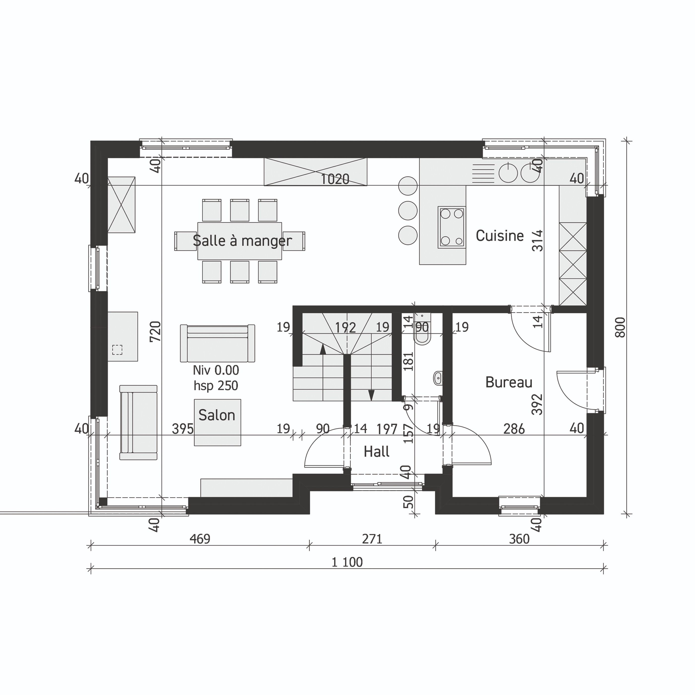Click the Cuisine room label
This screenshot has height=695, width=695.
(x=500, y=236)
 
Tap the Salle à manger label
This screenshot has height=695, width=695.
(x=242, y=241)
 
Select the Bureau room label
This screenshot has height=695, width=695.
(x=509, y=382)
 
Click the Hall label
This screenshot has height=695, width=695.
(x=377, y=451)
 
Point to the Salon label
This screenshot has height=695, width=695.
(x=217, y=415)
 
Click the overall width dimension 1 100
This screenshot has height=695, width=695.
(x=347, y=562)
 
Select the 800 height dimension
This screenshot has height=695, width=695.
(x=620, y=327)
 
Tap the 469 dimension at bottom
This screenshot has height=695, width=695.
(x=200, y=539)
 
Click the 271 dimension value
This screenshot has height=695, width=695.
(x=372, y=539)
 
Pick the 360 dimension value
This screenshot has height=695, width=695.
(x=519, y=539)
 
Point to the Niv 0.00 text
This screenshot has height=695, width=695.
(x=216, y=370)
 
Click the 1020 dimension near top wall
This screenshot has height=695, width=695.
(x=335, y=179)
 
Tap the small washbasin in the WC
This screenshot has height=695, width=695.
(x=438, y=378)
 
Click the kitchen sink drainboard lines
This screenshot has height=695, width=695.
(x=483, y=173)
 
